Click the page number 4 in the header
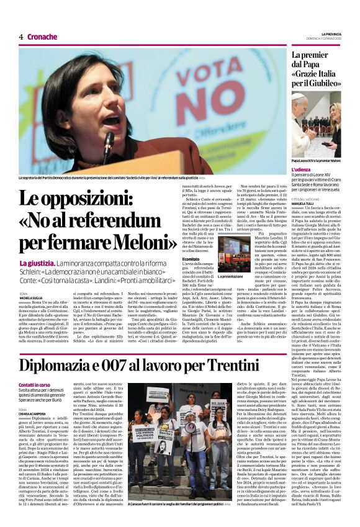coord(21,37)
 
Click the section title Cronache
coord(42,37)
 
